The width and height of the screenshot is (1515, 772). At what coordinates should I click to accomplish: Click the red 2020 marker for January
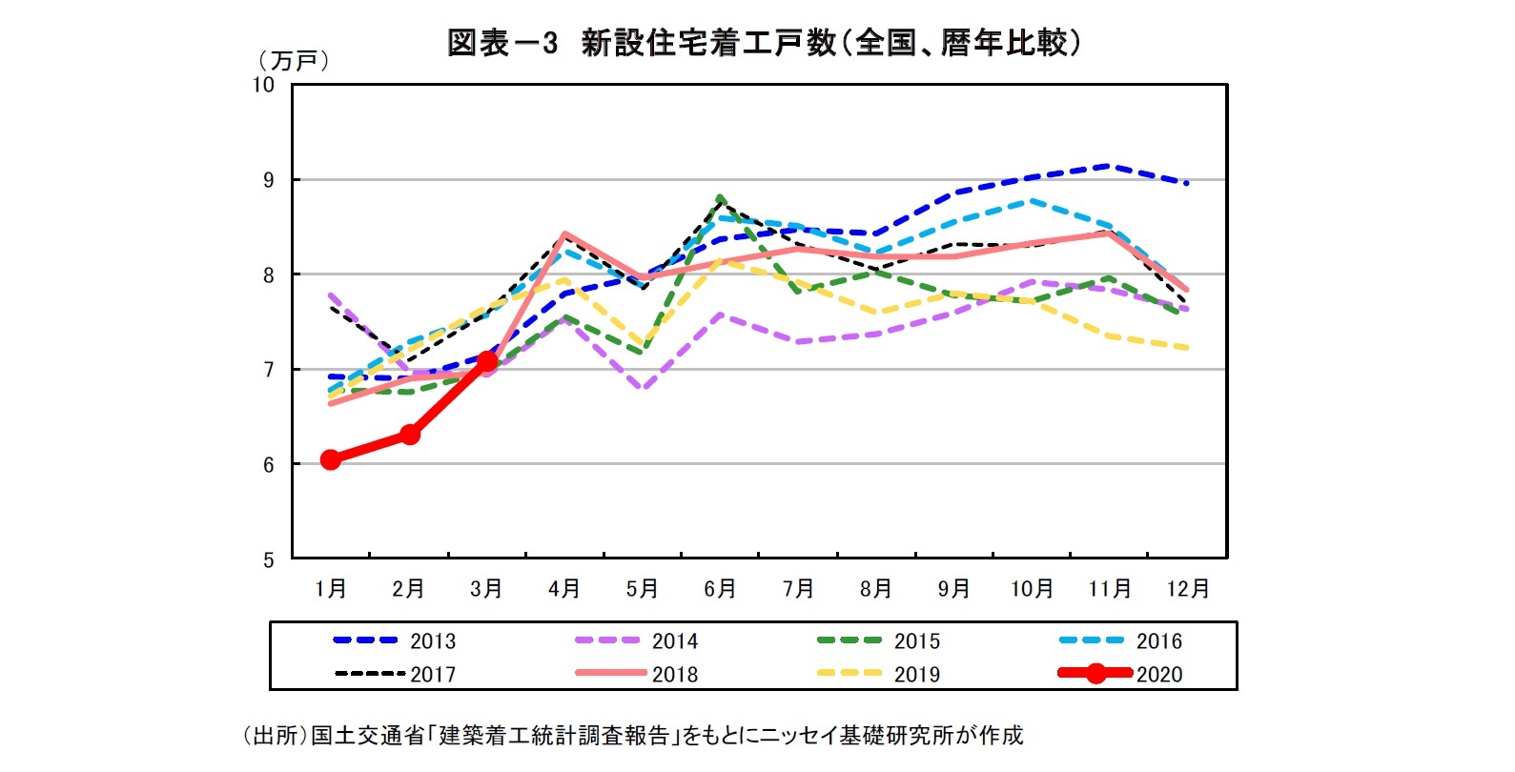(x=331, y=459)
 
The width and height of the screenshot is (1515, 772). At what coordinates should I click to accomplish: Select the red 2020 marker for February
(x=410, y=434)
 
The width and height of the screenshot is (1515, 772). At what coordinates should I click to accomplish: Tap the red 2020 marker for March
(x=487, y=360)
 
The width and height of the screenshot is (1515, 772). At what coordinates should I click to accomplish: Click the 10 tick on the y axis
(x=263, y=85)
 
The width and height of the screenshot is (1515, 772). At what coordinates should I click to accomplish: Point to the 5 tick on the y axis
(x=269, y=560)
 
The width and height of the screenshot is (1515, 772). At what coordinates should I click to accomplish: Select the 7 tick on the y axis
(x=269, y=370)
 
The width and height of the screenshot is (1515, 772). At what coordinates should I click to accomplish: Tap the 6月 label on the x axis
(x=720, y=589)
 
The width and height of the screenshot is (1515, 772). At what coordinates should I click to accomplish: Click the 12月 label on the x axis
(x=1188, y=589)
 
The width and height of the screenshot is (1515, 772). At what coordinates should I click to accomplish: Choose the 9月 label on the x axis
(x=953, y=589)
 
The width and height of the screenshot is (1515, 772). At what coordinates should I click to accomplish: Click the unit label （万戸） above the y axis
(x=294, y=61)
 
